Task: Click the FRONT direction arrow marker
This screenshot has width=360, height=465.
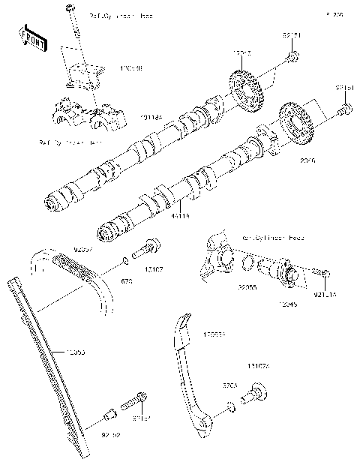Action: point(31,37)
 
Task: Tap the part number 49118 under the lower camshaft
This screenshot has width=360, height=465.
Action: point(180,215)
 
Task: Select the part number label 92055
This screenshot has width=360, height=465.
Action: point(248,286)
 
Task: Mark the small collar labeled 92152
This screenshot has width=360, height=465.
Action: point(111,412)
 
